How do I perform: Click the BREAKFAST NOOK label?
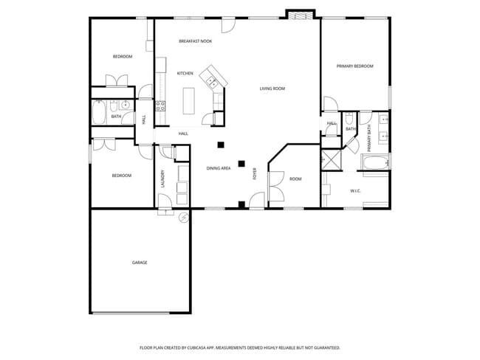click(195, 41)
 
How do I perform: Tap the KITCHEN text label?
click(185, 73)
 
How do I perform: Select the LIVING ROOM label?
click(272, 89)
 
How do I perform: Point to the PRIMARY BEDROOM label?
click(354, 66)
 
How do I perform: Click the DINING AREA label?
click(218, 168)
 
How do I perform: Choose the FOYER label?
click(256, 174)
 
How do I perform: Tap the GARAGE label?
click(139, 263)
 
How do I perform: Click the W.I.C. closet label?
click(354, 191)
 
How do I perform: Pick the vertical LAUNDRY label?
click(162, 179)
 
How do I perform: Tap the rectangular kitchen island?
click(188, 101)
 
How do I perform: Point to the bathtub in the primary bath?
click(374, 163)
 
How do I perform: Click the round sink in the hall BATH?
click(125, 105)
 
